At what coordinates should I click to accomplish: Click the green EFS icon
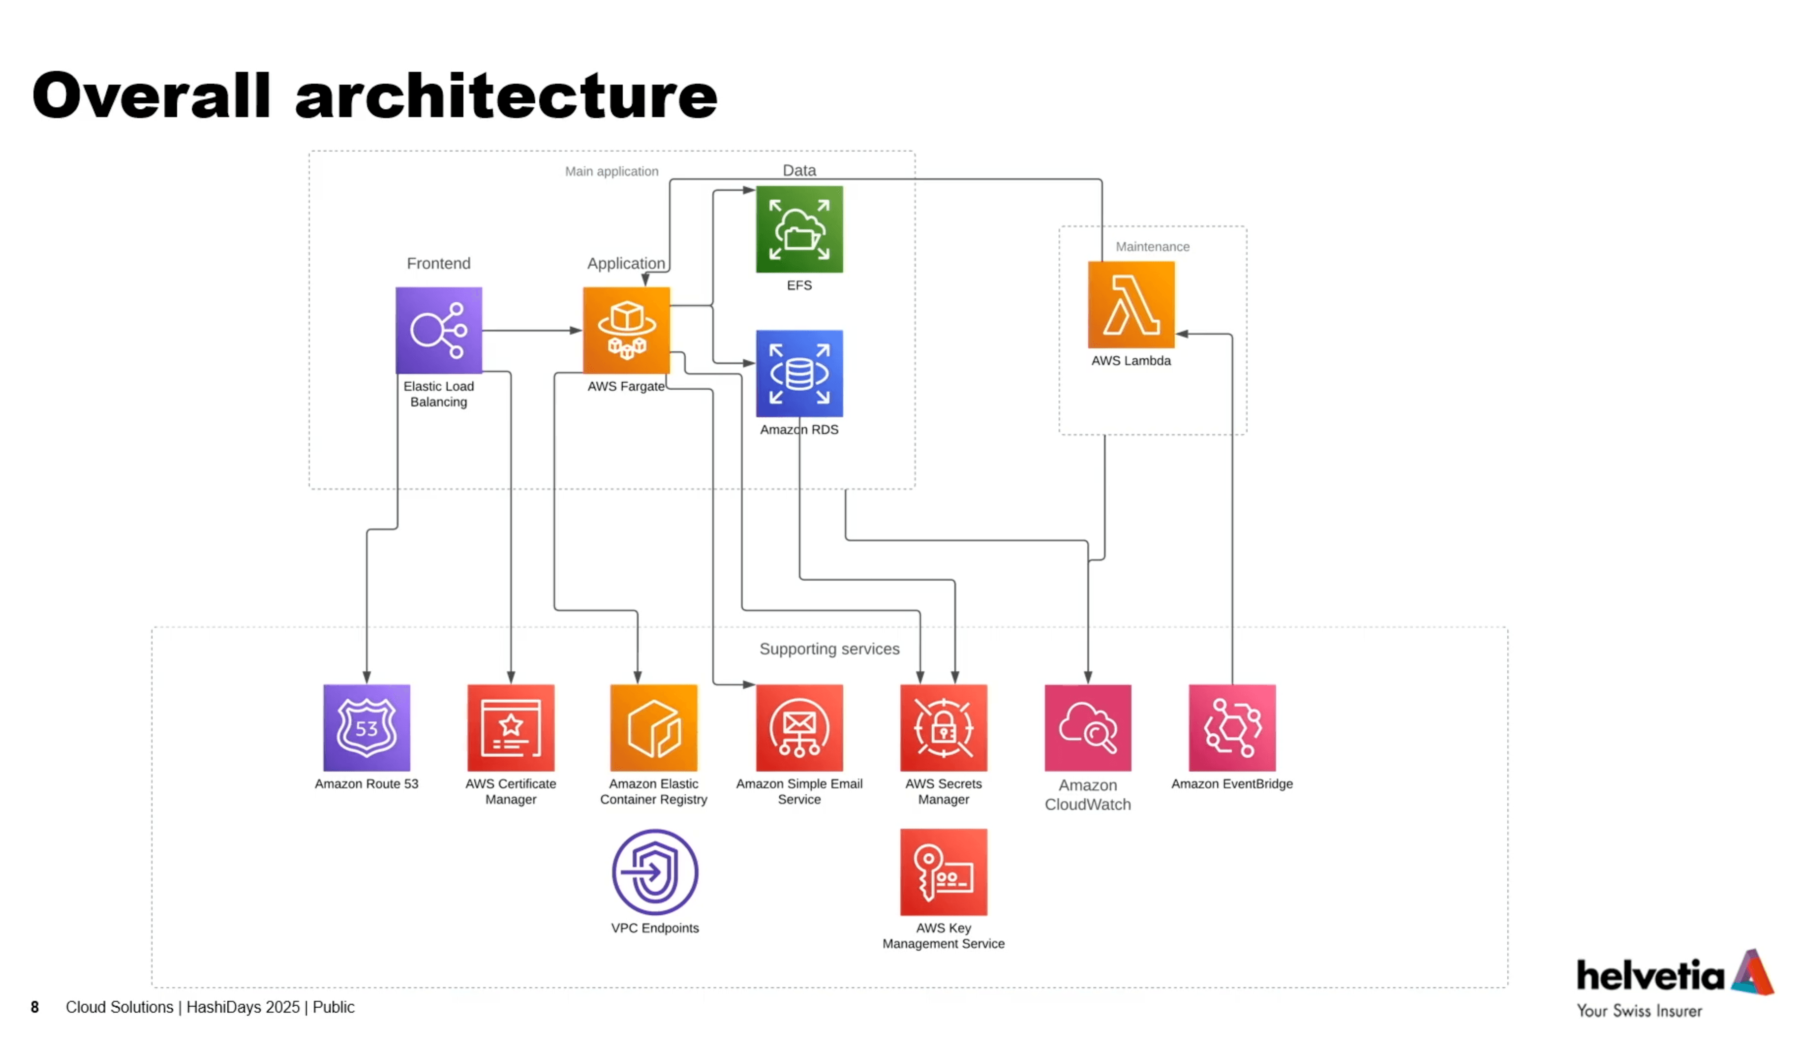(x=799, y=229)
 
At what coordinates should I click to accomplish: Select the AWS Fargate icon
(x=626, y=330)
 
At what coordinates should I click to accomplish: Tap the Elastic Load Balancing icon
(x=439, y=330)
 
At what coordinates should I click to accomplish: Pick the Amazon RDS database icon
(x=799, y=373)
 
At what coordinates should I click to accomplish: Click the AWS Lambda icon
(x=1131, y=304)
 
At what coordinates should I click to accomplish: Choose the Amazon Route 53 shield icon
(x=367, y=727)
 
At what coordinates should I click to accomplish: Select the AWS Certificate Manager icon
(x=511, y=727)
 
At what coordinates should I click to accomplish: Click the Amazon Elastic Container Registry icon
(x=654, y=727)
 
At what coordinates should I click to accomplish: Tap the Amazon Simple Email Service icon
(x=799, y=727)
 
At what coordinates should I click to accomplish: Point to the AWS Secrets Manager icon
(x=944, y=727)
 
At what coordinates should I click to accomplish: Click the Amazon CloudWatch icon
(x=1087, y=727)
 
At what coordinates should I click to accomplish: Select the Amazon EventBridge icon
(x=1232, y=727)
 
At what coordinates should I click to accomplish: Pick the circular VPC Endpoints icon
(x=654, y=872)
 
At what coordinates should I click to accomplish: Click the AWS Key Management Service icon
(x=944, y=872)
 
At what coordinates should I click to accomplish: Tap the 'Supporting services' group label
(x=829, y=649)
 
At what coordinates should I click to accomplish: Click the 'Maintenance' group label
(x=1153, y=246)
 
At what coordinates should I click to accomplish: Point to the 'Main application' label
(x=612, y=171)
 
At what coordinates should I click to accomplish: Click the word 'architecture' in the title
(x=505, y=96)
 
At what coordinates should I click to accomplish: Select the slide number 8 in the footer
(x=34, y=1007)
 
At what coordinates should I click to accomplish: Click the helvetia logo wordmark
(x=1650, y=975)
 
